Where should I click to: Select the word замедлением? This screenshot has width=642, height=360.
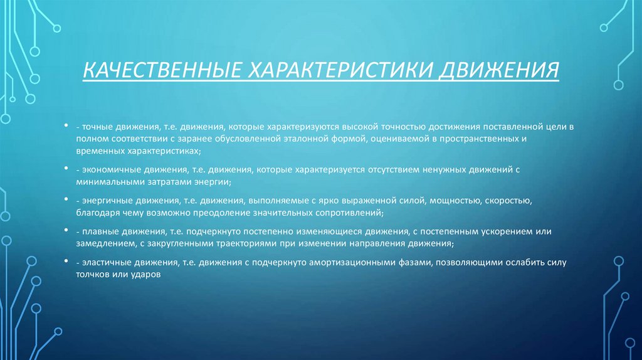pos(100,243)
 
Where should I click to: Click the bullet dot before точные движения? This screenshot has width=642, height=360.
pos(66,125)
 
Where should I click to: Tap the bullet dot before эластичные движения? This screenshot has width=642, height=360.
pos(66,261)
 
